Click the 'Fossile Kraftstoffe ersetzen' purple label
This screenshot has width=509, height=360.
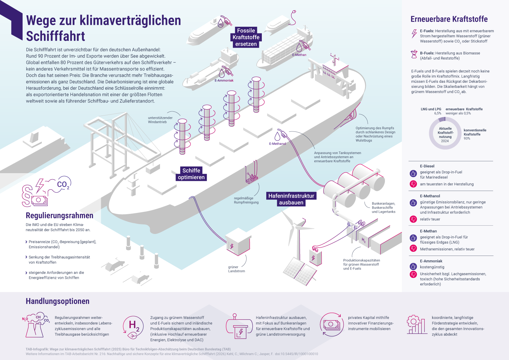point(246,37)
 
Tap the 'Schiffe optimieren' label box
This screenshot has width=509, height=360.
point(191,174)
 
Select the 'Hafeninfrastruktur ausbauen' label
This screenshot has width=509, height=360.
point(291,199)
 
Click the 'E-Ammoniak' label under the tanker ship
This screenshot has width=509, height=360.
point(224,81)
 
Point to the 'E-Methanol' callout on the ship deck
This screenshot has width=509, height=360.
point(277,144)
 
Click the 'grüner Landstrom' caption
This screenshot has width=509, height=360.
point(236,269)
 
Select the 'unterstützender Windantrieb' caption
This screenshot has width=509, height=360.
point(160,120)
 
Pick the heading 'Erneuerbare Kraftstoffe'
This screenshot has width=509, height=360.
point(449,19)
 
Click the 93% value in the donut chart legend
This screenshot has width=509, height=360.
point(467,138)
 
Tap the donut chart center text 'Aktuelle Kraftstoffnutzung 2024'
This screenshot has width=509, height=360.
point(445,135)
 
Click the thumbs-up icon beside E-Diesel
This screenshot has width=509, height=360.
point(413,173)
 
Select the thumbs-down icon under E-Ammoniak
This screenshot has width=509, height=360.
point(413,274)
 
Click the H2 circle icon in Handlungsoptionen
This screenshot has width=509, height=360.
point(133,327)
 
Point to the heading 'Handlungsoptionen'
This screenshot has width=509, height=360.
point(58,301)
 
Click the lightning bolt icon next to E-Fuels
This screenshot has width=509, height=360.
point(414,33)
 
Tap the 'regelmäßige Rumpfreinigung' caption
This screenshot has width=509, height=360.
point(246,200)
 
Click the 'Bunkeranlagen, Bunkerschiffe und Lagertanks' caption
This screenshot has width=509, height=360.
point(383,208)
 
